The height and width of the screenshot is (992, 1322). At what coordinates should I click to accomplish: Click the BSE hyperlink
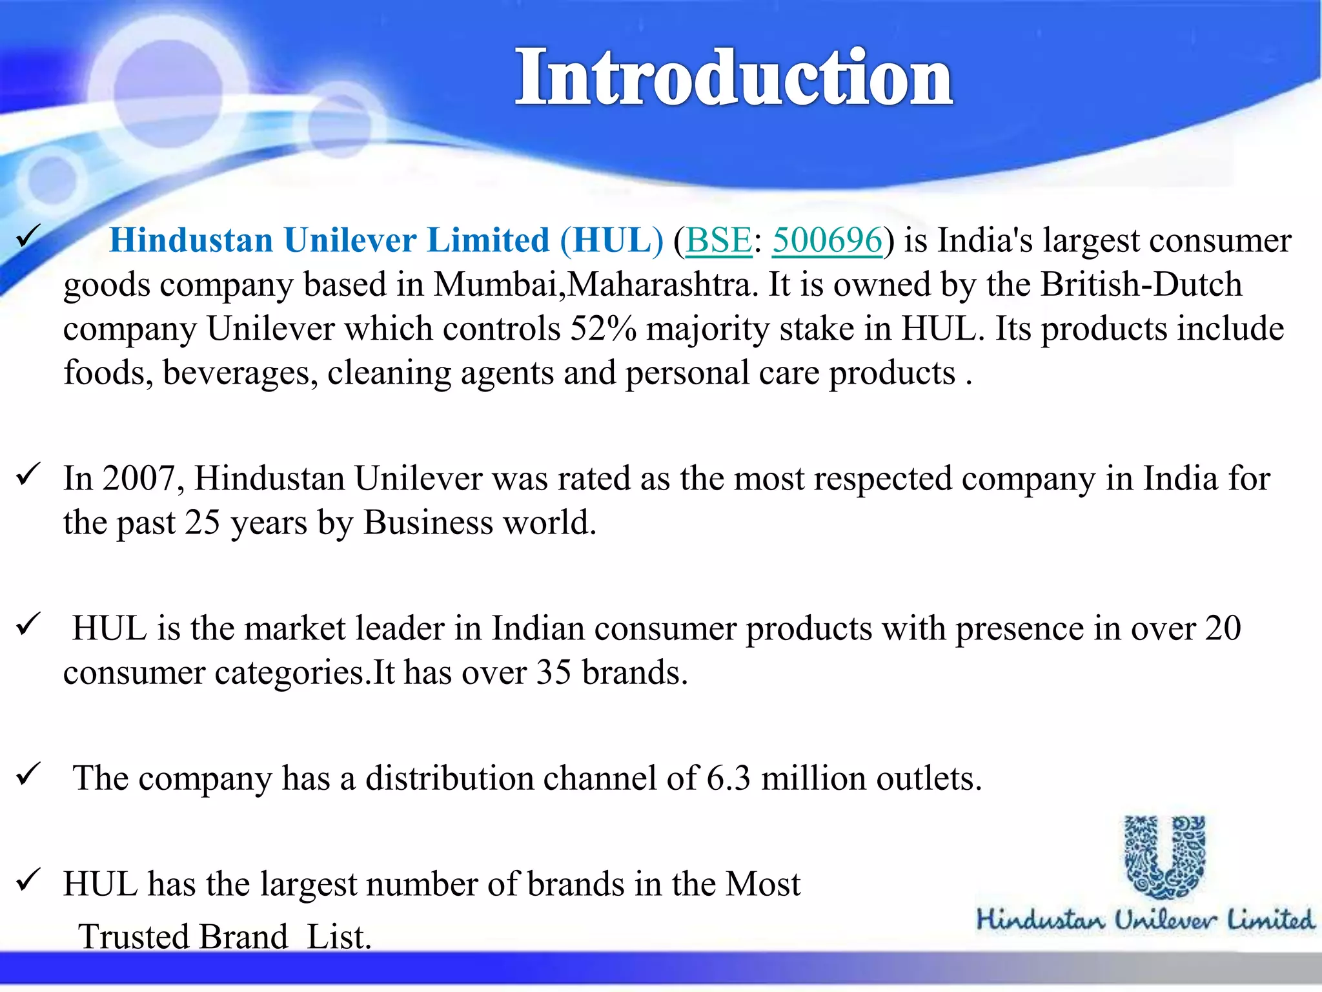718,240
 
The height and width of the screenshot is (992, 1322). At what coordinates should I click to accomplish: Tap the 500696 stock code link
827,240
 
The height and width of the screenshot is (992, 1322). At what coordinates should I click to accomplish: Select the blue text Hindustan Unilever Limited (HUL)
386,240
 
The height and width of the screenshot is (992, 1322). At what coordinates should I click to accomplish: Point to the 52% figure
603,329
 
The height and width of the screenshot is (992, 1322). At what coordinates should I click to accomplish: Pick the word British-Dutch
1141,285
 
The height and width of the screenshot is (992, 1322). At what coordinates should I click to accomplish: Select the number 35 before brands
553,672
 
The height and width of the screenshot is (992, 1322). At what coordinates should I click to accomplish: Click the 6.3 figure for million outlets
728,778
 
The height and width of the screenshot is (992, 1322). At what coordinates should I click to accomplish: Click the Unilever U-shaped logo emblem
1164,856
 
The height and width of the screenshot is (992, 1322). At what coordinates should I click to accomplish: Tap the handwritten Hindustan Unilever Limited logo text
1144,919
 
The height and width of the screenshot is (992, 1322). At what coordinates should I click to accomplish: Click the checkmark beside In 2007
29,475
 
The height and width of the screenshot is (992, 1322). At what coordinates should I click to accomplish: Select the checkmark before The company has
29,774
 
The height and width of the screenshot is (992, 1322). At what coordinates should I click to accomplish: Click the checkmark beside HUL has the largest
29,879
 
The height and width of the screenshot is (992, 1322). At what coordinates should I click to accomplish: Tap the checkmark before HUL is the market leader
29,624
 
